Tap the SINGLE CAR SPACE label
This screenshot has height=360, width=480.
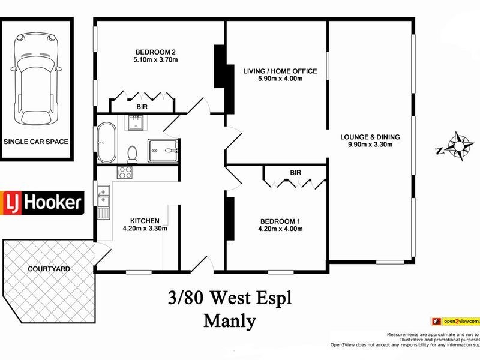(x=36, y=142)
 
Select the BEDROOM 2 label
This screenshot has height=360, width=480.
(x=155, y=52)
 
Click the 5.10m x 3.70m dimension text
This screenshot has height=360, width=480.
(x=155, y=60)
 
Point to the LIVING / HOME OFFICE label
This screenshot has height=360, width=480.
(x=280, y=71)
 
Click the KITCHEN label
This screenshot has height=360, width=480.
(x=145, y=220)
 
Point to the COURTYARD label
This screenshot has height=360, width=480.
(x=49, y=269)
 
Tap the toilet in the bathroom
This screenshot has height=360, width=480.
(x=133, y=153)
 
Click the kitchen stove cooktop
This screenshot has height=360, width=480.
(x=125, y=173)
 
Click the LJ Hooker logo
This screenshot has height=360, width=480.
(x=42, y=202)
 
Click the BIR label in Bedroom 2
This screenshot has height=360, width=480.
(x=142, y=106)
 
